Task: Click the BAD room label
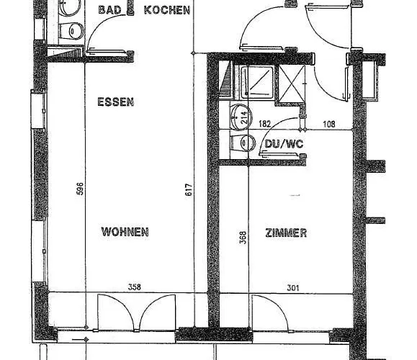(x=109, y=10)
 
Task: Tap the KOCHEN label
(x=167, y=10)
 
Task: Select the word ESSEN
(x=116, y=102)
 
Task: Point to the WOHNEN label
(x=125, y=232)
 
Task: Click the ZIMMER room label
(x=286, y=233)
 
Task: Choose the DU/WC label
(x=284, y=144)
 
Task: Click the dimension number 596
(x=80, y=189)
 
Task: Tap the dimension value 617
(x=188, y=189)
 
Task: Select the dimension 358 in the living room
(x=135, y=287)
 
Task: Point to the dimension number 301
(x=293, y=288)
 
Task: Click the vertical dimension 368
(x=243, y=238)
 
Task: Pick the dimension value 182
(x=264, y=124)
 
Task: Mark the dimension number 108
(x=329, y=124)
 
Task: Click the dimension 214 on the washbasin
(x=244, y=117)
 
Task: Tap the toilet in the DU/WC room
(x=243, y=143)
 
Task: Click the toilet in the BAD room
(x=71, y=31)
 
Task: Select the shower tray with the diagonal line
(x=257, y=81)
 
